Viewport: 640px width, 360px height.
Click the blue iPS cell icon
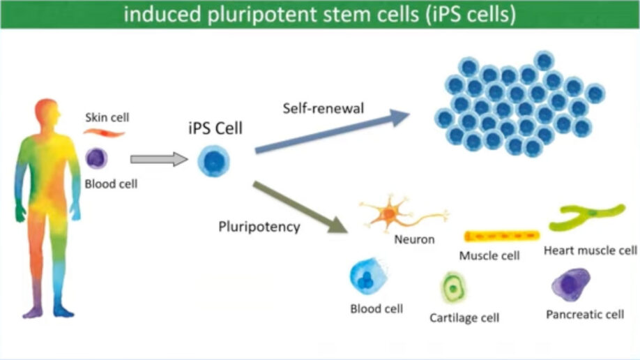[x=213, y=161]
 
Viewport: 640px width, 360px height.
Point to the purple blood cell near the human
[x=97, y=158]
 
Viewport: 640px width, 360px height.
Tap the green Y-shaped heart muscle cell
[x=586, y=217]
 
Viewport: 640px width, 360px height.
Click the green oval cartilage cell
[x=454, y=286]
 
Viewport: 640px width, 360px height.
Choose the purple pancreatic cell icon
[x=571, y=285]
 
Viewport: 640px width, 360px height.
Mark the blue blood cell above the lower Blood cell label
[x=368, y=278]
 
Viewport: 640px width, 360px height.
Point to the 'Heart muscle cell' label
[x=590, y=250]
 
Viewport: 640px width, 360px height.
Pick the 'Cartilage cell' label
[x=464, y=318]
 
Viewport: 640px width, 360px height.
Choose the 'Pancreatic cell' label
[x=584, y=315]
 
